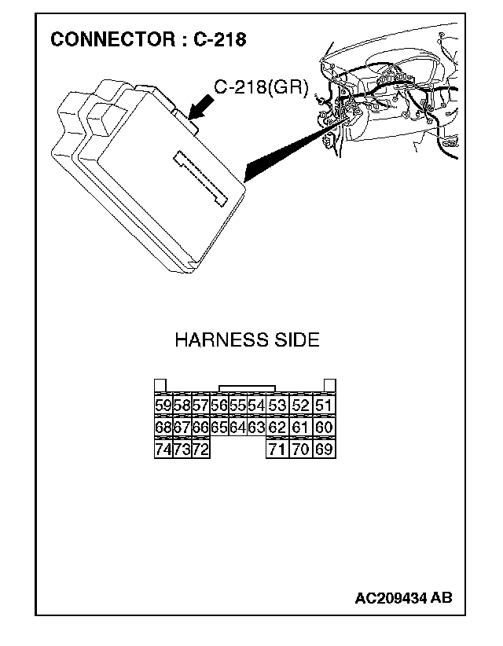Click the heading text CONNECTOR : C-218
[148, 39]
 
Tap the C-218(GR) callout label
[260, 87]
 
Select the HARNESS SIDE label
[247, 340]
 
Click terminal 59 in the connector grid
[163, 406]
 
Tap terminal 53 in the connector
[277, 406]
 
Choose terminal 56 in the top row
[219, 406]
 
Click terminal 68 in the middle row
[163, 428]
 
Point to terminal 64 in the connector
[237, 428]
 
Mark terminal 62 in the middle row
[277, 428]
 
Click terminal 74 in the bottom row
[163, 450]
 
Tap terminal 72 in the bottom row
[200, 450]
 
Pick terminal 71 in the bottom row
[277, 450]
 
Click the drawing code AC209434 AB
[403, 598]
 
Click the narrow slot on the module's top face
[201, 177]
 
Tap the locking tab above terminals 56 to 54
[248, 388]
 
